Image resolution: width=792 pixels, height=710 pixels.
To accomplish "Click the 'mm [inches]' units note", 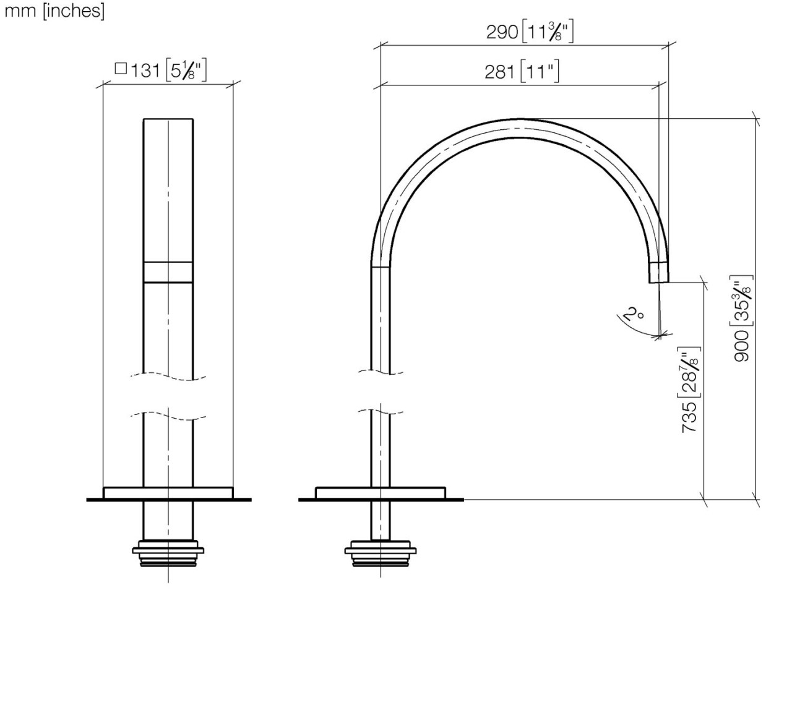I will pyautogui.click(x=54, y=12).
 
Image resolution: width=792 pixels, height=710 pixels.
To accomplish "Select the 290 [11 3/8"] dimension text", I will pyautogui.click(x=530, y=32).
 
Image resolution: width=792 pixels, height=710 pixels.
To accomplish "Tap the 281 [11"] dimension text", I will pyautogui.click(x=522, y=72).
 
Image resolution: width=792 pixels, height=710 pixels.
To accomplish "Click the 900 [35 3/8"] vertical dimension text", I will pyautogui.click(x=742, y=318).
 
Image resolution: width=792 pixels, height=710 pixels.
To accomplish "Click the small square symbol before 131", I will pyautogui.click(x=121, y=69).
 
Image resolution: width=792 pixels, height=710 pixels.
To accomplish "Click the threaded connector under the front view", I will pyautogui.click(x=168, y=553).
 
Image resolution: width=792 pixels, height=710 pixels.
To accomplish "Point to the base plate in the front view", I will pyautogui.click(x=168, y=492).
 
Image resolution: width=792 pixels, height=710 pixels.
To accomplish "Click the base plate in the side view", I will pyautogui.click(x=380, y=492).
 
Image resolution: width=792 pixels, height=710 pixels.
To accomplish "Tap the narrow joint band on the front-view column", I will pyautogui.click(x=168, y=272).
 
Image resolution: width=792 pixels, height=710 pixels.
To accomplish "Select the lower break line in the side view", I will pyautogui.click(x=380, y=411).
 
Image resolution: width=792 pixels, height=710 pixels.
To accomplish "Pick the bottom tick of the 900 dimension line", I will pyautogui.click(x=755, y=499).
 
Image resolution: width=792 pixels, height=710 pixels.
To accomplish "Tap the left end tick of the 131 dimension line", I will pyautogui.click(x=103, y=85).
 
